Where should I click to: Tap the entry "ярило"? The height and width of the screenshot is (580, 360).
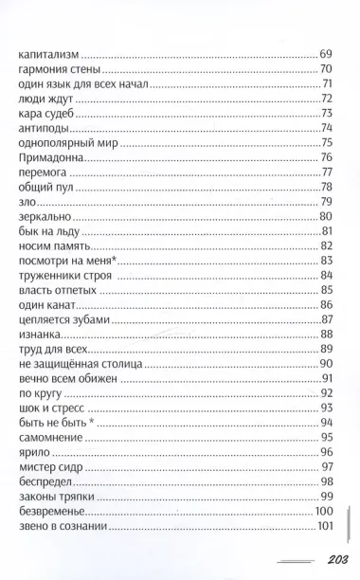click(34, 452)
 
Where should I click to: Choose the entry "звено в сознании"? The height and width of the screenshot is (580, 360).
click(63, 526)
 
